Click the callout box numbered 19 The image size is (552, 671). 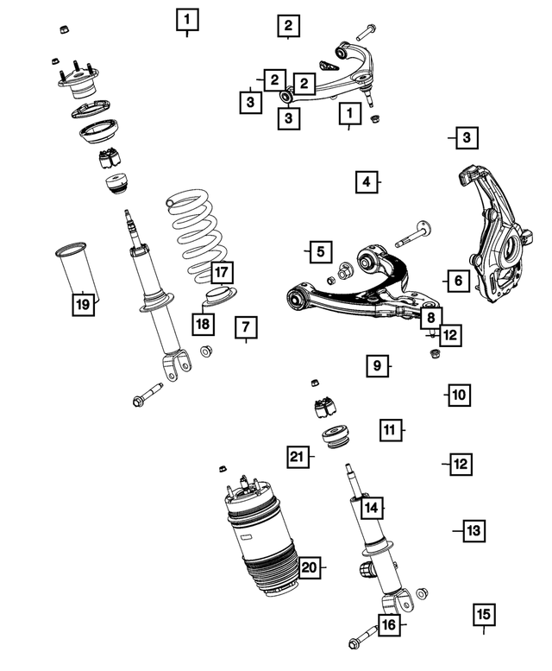click(82, 303)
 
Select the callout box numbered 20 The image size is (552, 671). click(310, 567)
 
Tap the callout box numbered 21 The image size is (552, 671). click(298, 455)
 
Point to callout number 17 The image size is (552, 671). click(221, 273)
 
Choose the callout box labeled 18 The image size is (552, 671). click(202, 324)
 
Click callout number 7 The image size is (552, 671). click(245, 327)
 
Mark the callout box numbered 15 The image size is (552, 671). click(483, 615)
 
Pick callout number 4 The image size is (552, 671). click(366, 182)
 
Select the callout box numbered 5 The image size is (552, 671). click(319, 252)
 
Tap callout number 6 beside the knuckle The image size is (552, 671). click(458, 280)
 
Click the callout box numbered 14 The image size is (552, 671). click(371, 508)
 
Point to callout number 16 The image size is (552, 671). click(389, 624)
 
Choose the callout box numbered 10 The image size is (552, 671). click(458, 396)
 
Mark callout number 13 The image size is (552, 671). click(474, 530)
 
